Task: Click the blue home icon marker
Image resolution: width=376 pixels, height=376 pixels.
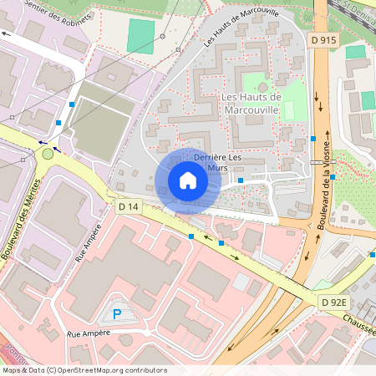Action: point(188,180)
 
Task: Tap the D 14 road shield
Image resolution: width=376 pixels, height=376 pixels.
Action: point(128,206)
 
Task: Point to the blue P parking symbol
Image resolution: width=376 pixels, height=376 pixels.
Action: point(116,315)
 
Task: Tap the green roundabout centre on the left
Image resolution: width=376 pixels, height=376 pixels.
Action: point(48,153)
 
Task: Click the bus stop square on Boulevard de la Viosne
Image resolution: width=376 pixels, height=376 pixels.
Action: point(312,139)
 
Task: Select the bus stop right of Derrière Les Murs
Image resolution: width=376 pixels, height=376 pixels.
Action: point(241,180)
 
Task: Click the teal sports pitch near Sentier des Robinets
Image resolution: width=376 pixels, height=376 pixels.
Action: point(141,36)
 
